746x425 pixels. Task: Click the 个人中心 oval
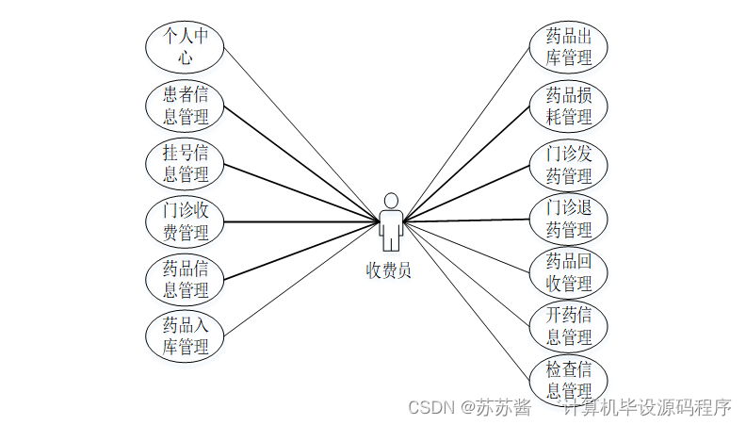185,47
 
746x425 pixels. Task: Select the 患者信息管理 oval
185,105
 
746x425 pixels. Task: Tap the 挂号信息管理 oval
185,163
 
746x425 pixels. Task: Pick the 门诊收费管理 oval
185,221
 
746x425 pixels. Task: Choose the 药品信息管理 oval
185,279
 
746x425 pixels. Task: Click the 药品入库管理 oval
185,336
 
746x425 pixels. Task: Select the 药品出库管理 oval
569,47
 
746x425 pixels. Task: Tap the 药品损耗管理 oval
569,106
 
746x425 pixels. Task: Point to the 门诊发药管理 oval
569,165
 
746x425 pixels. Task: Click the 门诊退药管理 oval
569,219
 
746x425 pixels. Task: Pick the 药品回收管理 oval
569,273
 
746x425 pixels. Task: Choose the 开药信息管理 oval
569,326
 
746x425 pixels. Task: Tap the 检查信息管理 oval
569,380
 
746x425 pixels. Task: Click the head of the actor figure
390,201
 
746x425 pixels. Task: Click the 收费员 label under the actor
389,270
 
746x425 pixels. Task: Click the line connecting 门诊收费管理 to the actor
301,222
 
